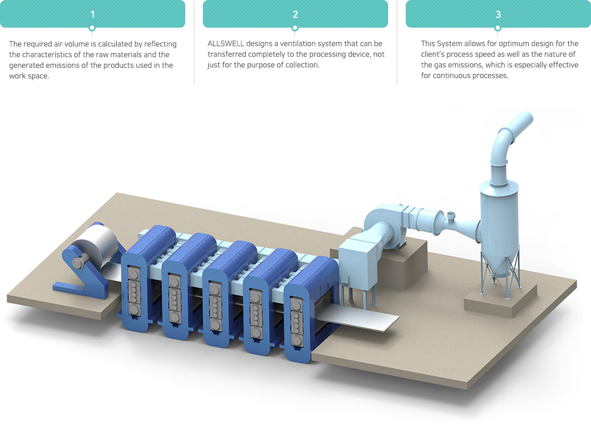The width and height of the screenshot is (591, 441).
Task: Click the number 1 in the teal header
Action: pyautogui.click(x=92, y=15)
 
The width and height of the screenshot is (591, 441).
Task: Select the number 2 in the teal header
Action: pyautogui.click(x=295, y=15)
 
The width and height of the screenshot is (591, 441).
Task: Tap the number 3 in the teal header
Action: pyautogui.click(x=498, y=15)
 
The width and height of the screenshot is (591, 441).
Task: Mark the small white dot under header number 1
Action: pyautogui.click(x=92, y=28)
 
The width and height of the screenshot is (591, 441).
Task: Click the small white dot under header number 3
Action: pyautogui.click(x=498, y=28)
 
